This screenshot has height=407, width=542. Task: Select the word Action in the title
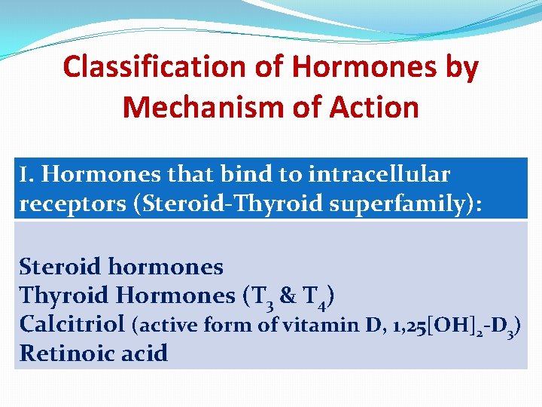[x=373, y=107]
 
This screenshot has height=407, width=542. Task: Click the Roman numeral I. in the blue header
[x=27, y=175]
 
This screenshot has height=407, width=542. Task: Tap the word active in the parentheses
[x=161, y=326]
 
